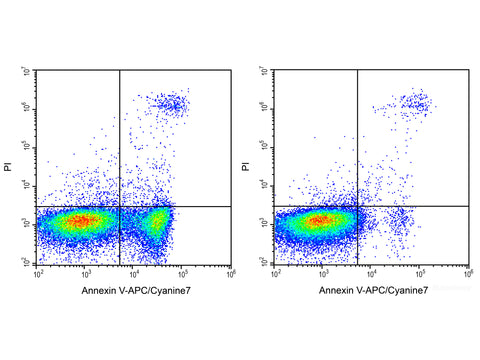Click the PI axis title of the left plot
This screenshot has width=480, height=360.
pyautogui.click(x=9, y=166)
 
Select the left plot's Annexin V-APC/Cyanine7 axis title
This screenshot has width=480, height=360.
pyautogui.click(x=135, y=290)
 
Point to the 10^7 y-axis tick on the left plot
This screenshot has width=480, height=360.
pyautogui.click(x=30, y=71)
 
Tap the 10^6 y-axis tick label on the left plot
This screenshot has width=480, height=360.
pyautogui.click(x=30, y=109)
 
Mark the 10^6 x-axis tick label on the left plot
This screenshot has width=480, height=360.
pyautogui.click(x=231, y=272)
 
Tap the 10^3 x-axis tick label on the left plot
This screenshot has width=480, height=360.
pyautogui.click(x=87, y=272)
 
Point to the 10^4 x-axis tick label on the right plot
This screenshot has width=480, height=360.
pyautogui.click(x=371, y=272)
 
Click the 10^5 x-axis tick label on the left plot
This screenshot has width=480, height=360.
pyautogui.click(x=183, y=272)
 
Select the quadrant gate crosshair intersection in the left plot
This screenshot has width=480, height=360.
pyautogui.click(x=120, y=206)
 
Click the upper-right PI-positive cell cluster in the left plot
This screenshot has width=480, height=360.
pyautogui.click(x=172, y=103)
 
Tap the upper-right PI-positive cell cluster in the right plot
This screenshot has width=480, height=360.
pyautogui.click(x=413, y=102)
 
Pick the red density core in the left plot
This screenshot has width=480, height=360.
pyautogui.click(x=82, y=220)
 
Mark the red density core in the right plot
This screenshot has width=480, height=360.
pyautogui.click(x=320, y=220)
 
